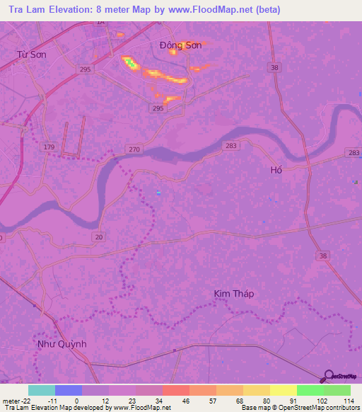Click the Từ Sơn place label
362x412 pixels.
click(x=31, y=54)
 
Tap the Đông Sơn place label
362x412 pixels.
click(x=180, y=45)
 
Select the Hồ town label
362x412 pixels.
click(x=276, y=170)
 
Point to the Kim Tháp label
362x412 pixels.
click(x=233, y=293)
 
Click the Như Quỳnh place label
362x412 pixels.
click(x=62, y=343)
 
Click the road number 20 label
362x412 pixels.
click(x=99, y=237)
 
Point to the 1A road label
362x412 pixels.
click(x=100, y=23)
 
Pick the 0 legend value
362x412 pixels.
click(x=76, y=401)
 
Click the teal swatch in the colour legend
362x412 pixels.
click(x=42, y=390)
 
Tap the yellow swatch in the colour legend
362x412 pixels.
click(x=284, y=390)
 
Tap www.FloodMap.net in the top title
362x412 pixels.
click(x=217, y=10)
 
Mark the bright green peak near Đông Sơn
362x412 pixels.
click(x=130, y=64)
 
